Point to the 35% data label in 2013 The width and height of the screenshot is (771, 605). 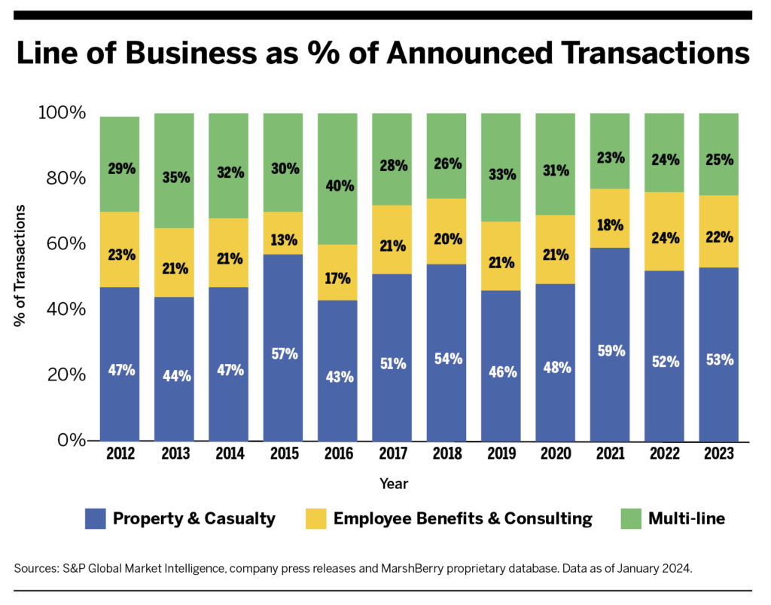tap(175, 179)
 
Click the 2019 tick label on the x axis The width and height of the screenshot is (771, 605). tap(501, 455)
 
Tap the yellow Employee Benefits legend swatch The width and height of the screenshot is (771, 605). tap(315, 518)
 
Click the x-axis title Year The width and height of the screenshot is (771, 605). tap(393, 483)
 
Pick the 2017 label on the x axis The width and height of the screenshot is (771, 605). tap(392, 455)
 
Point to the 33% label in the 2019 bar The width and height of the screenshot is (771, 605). tap(501, 174)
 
